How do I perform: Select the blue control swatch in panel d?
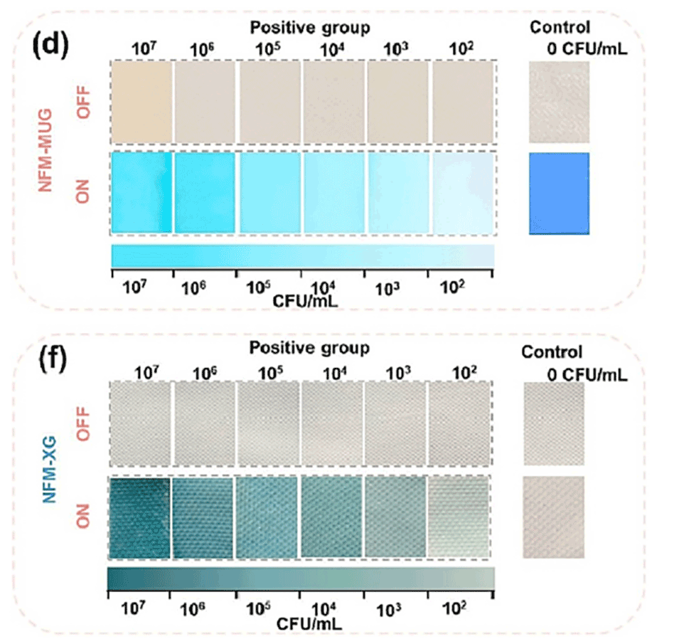[559, 193]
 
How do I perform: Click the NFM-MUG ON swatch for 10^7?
[141, 192]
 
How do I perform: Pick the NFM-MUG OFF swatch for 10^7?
[141, 102]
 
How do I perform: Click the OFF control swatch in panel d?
[559, 102]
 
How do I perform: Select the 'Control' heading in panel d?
[560, 28]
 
